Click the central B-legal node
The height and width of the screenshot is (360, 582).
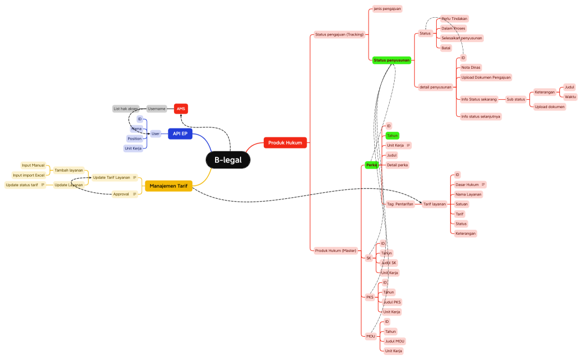[x=228, y=160]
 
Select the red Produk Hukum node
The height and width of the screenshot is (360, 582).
[x=285, y=142]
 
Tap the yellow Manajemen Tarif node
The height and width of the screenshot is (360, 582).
[x=168, y=186]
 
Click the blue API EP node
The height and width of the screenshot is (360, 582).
[x=180, y=133]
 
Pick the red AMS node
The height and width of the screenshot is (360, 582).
[x=181, y=109]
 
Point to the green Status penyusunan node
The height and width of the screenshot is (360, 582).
[x=391, y=60]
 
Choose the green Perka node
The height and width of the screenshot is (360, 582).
[x=371, y=165]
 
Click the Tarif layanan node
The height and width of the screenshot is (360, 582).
[x=435, y=204]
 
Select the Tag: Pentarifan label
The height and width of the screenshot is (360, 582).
[x=400, y=204]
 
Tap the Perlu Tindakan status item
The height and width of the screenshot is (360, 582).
[x=455, y=18]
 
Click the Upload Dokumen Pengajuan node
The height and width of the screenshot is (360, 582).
[x=486, y=78]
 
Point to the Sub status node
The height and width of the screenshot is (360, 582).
[x=515, y=100]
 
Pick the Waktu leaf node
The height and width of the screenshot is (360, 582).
[x=570, y=97]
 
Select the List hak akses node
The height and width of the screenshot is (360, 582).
[x=125, y=109]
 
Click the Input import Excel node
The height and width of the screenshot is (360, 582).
[x=28, y=175]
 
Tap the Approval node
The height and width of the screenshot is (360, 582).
[x=121, y=194]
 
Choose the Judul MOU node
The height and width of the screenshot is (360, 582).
[x=395, y=341]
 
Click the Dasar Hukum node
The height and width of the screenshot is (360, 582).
[x=467, y=184]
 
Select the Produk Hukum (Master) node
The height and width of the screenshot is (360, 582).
[x=335, y=250]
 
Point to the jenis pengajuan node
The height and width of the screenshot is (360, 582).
[x=387, y=9]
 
